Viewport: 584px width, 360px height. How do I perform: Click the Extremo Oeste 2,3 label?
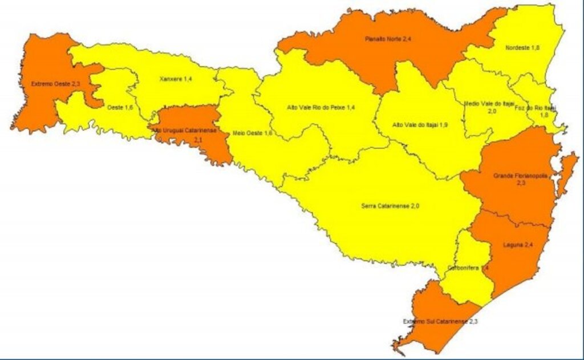[51, 84]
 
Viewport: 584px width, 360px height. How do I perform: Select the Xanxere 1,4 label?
[175, 78]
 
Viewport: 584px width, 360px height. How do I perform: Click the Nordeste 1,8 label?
[522, 47]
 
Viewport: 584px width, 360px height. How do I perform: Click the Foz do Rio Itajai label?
[543, 107]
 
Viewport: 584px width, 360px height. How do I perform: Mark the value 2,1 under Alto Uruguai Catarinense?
[198, 139]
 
